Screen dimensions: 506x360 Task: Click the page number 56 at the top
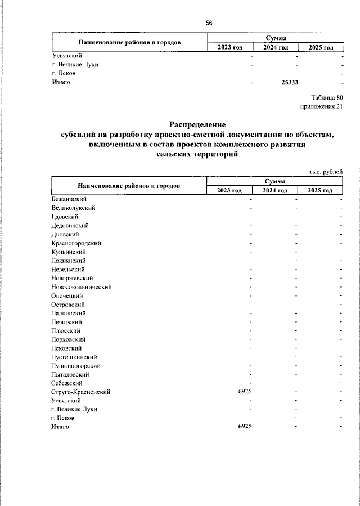coord(209,23)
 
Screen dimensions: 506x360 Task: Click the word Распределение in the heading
coord(196,124)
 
